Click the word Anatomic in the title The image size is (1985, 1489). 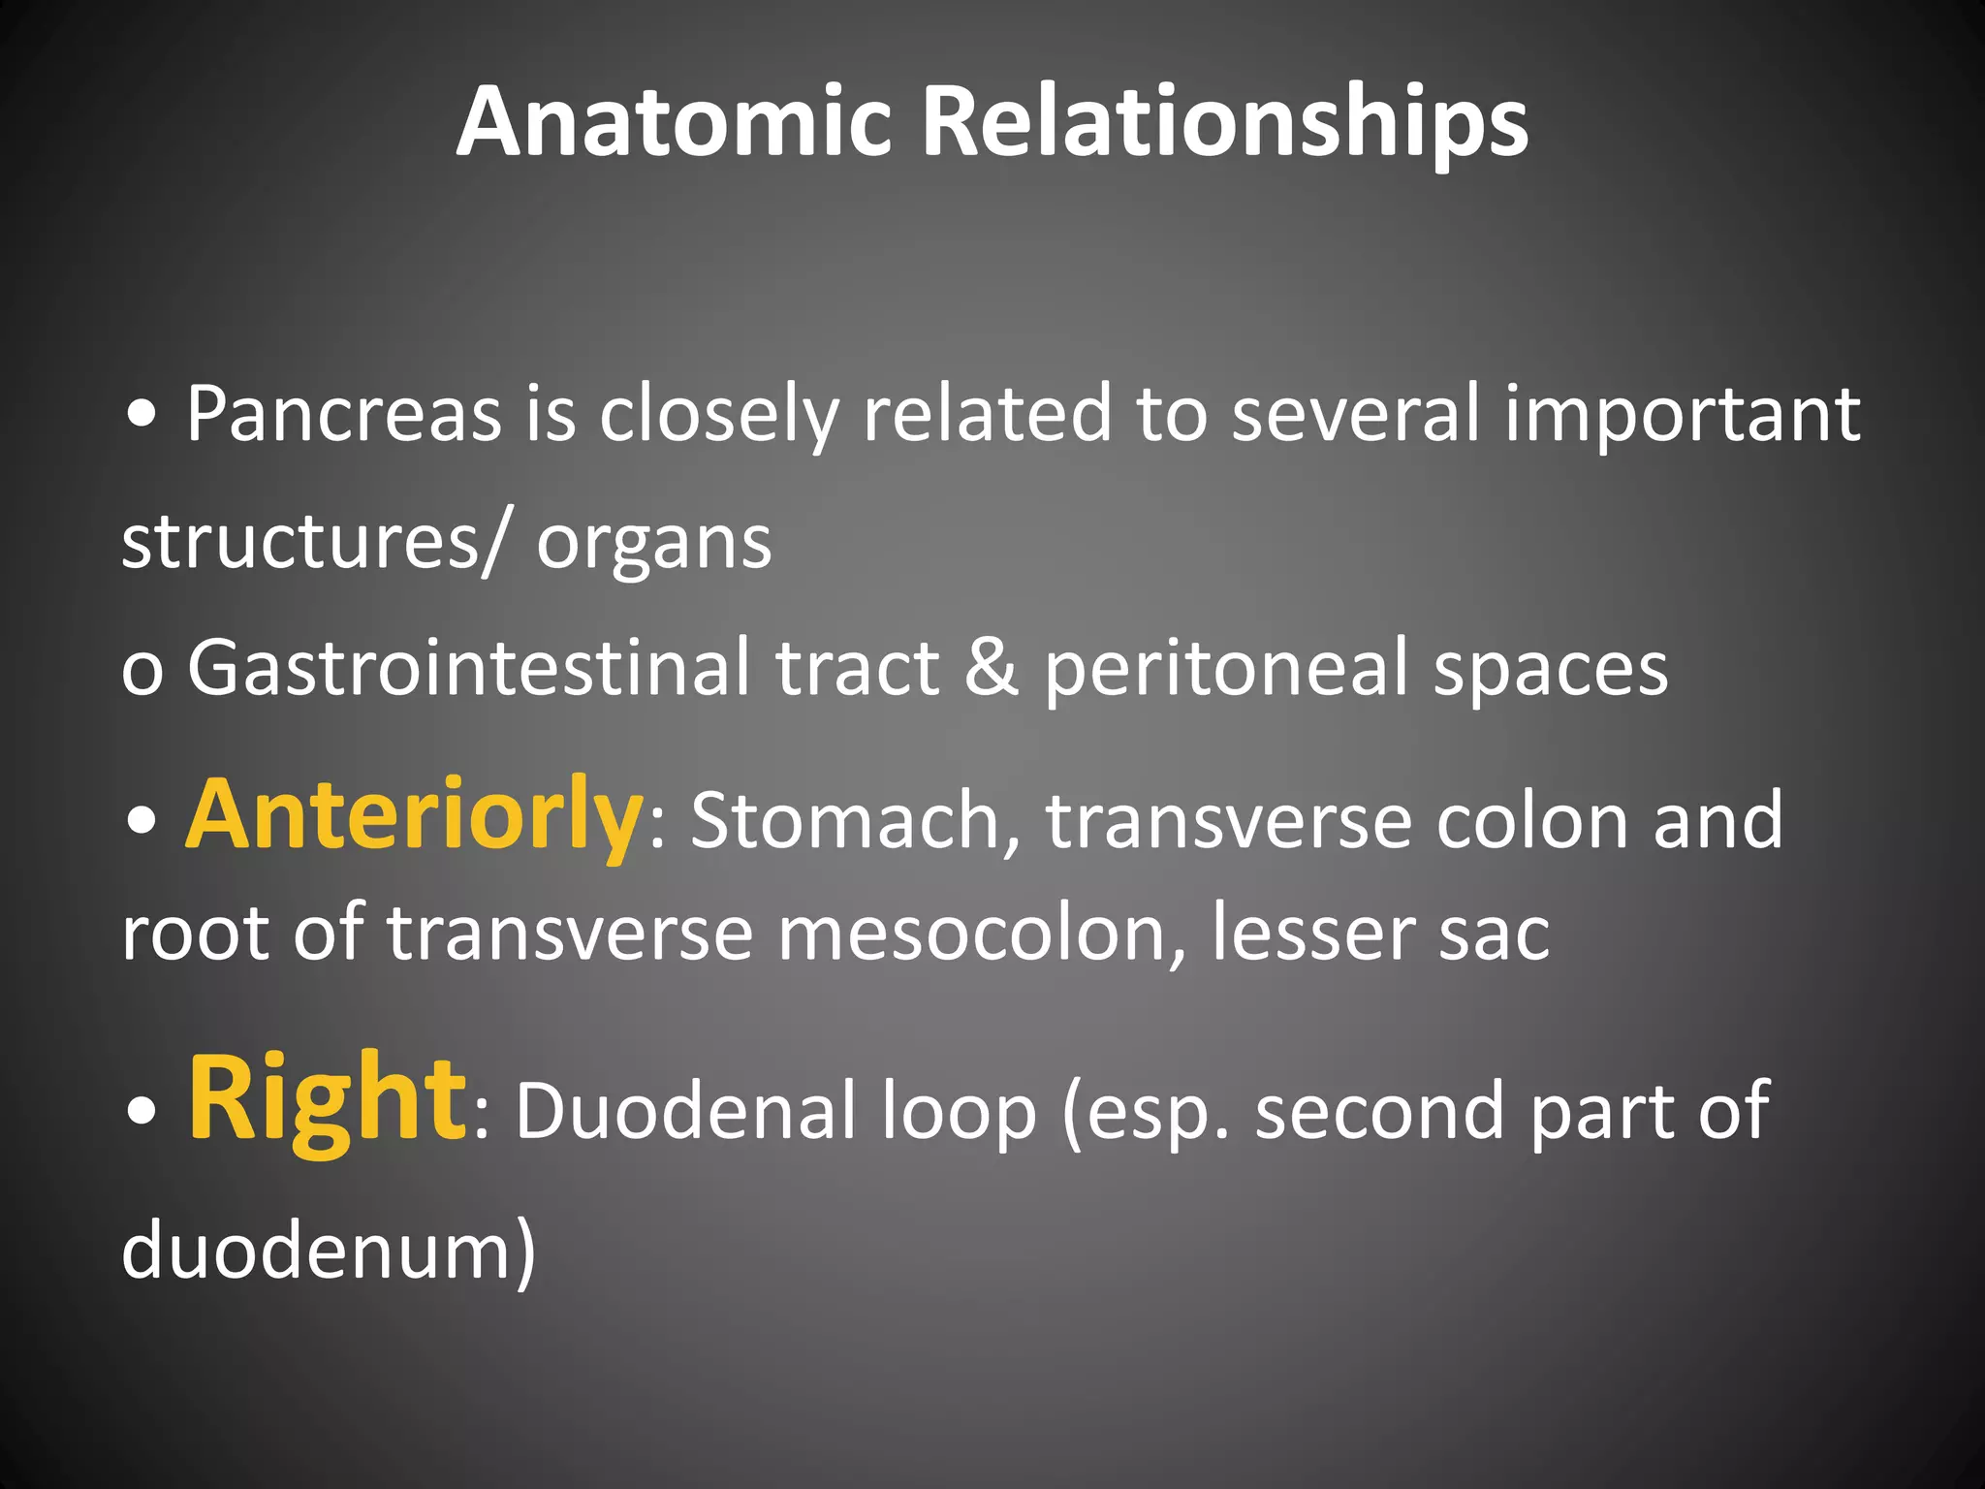pyautogui.click(x=673, y=121)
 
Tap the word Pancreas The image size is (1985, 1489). pyautogui.click(x=343, y=415)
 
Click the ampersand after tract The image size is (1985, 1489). pyautogui.click(x=992, y=669)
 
